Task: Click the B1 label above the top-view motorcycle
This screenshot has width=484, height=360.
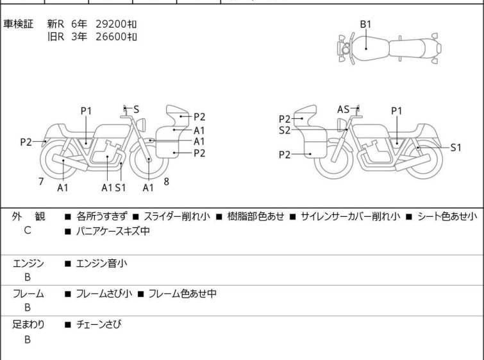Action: [365, 24]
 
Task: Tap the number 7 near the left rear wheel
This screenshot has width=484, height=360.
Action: [41, 182]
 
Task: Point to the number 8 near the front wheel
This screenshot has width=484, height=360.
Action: [166, 182]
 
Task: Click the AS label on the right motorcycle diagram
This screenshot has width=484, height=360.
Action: [344, 110]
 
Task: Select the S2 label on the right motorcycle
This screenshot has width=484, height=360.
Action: [285, 130]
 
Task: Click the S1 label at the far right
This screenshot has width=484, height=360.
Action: [455, 148]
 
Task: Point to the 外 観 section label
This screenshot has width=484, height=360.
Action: [28, 216]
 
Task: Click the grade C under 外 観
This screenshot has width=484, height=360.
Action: [28, 230]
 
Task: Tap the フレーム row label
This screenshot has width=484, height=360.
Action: [28, 294]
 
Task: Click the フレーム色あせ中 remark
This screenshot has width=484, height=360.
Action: [182, 294]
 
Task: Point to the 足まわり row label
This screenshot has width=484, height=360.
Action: [28, 325]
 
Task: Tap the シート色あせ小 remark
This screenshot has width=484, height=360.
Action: [446, 216]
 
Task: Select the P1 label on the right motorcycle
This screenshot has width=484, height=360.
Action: [397, 111]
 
